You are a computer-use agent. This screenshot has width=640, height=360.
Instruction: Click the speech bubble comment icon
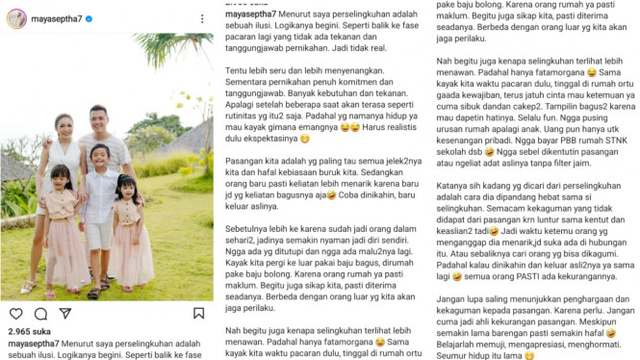[x=40, y=314]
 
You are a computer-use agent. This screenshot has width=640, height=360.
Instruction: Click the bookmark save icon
[x=198, y=314]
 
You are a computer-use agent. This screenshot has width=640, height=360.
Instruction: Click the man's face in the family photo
[x=116, y=123]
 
